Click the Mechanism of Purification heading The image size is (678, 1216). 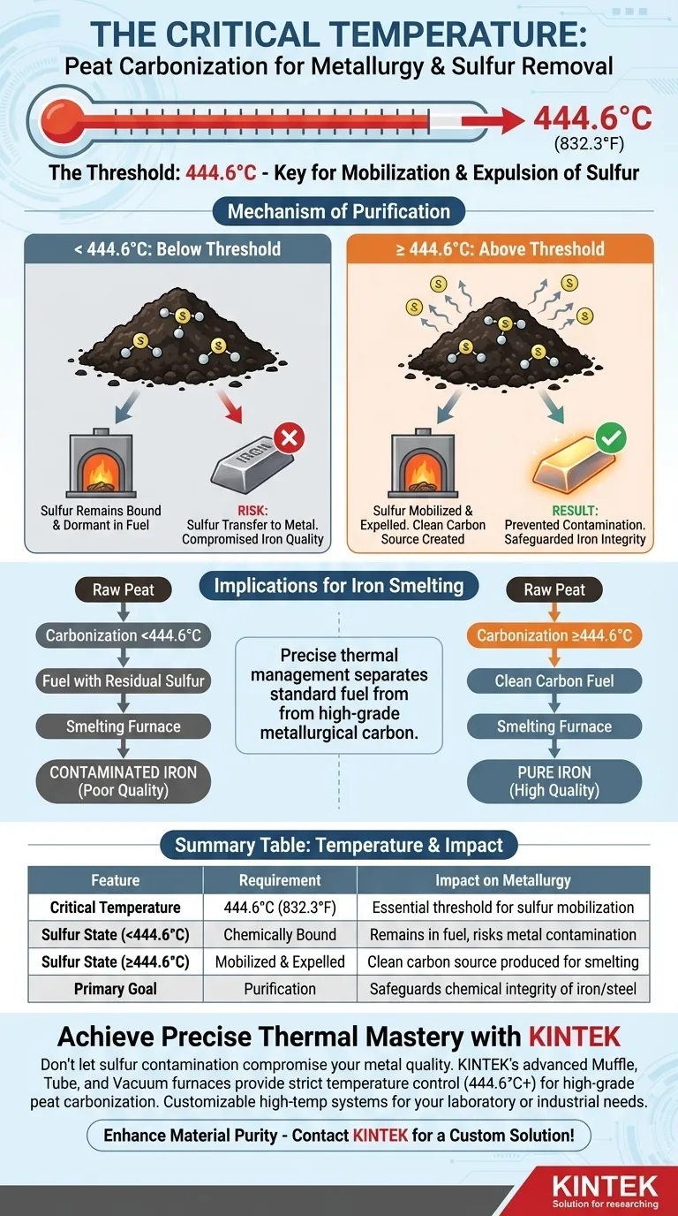339,211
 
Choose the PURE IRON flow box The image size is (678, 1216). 554,780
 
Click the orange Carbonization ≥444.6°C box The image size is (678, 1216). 554,635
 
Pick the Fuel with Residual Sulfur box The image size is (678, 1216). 124,681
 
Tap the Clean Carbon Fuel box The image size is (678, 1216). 554,681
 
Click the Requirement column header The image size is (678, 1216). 280,880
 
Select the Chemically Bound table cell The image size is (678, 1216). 280,935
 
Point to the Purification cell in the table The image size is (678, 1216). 280,989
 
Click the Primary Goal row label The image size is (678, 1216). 116,989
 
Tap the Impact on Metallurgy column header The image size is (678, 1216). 503,880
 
